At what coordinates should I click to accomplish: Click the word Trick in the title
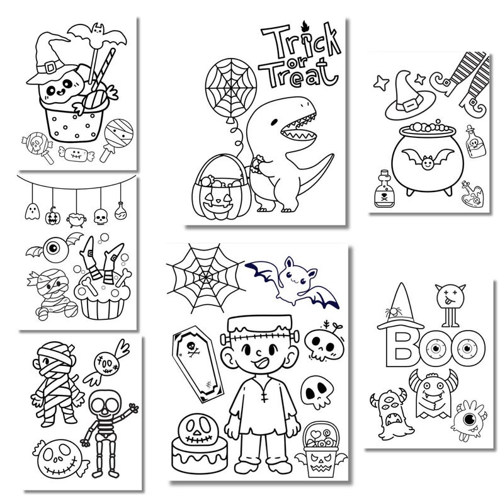point(291,43)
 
